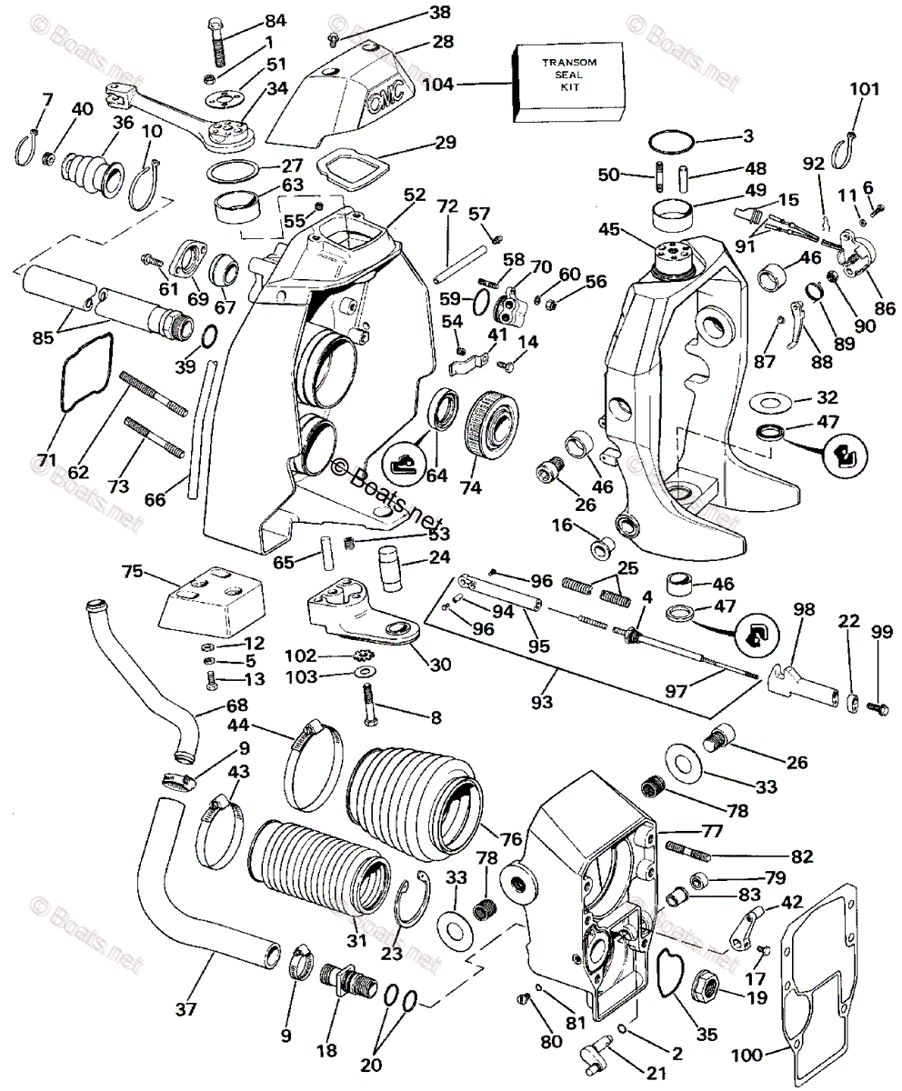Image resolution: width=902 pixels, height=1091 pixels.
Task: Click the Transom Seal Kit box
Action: [x=571, y=82]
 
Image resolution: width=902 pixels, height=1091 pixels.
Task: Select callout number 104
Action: [x=438, y=85]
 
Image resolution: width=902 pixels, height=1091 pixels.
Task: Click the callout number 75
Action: [x=134, y=571]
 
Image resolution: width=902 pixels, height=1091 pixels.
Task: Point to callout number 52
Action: [x=414, y=195]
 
